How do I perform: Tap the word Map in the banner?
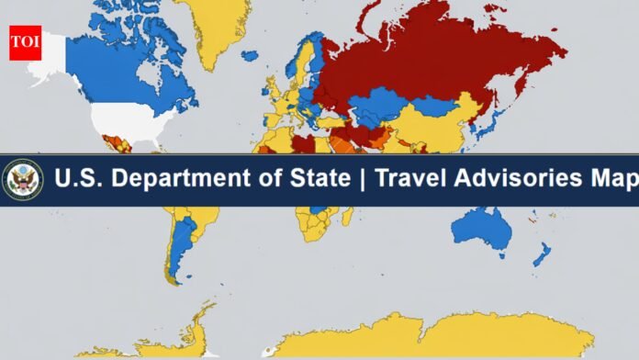pos(612,179)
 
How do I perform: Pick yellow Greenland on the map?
pos(216,28)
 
